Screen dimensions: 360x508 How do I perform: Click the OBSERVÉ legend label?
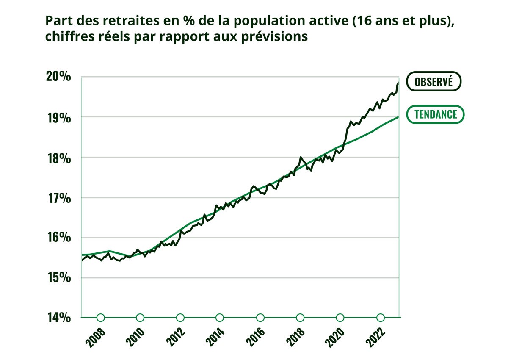[x=433, y=82]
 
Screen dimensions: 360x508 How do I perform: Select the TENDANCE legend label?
[x=436, y=114]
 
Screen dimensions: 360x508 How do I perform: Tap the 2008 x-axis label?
[x=97, y=337]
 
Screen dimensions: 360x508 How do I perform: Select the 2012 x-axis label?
[x=177, y=337]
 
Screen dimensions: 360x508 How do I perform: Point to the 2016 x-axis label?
[x=257, y=337]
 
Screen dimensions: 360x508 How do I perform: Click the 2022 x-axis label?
[x=377, y=337]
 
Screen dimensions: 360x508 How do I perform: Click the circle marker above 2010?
[x=140, y=318]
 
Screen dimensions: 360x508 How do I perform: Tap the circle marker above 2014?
[x=220, y=318]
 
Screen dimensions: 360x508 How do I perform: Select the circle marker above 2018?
[x=300, y=318]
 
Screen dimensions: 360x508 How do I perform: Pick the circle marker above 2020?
[x=340, y=318]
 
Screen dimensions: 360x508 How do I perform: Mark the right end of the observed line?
[x=398, y=83]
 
